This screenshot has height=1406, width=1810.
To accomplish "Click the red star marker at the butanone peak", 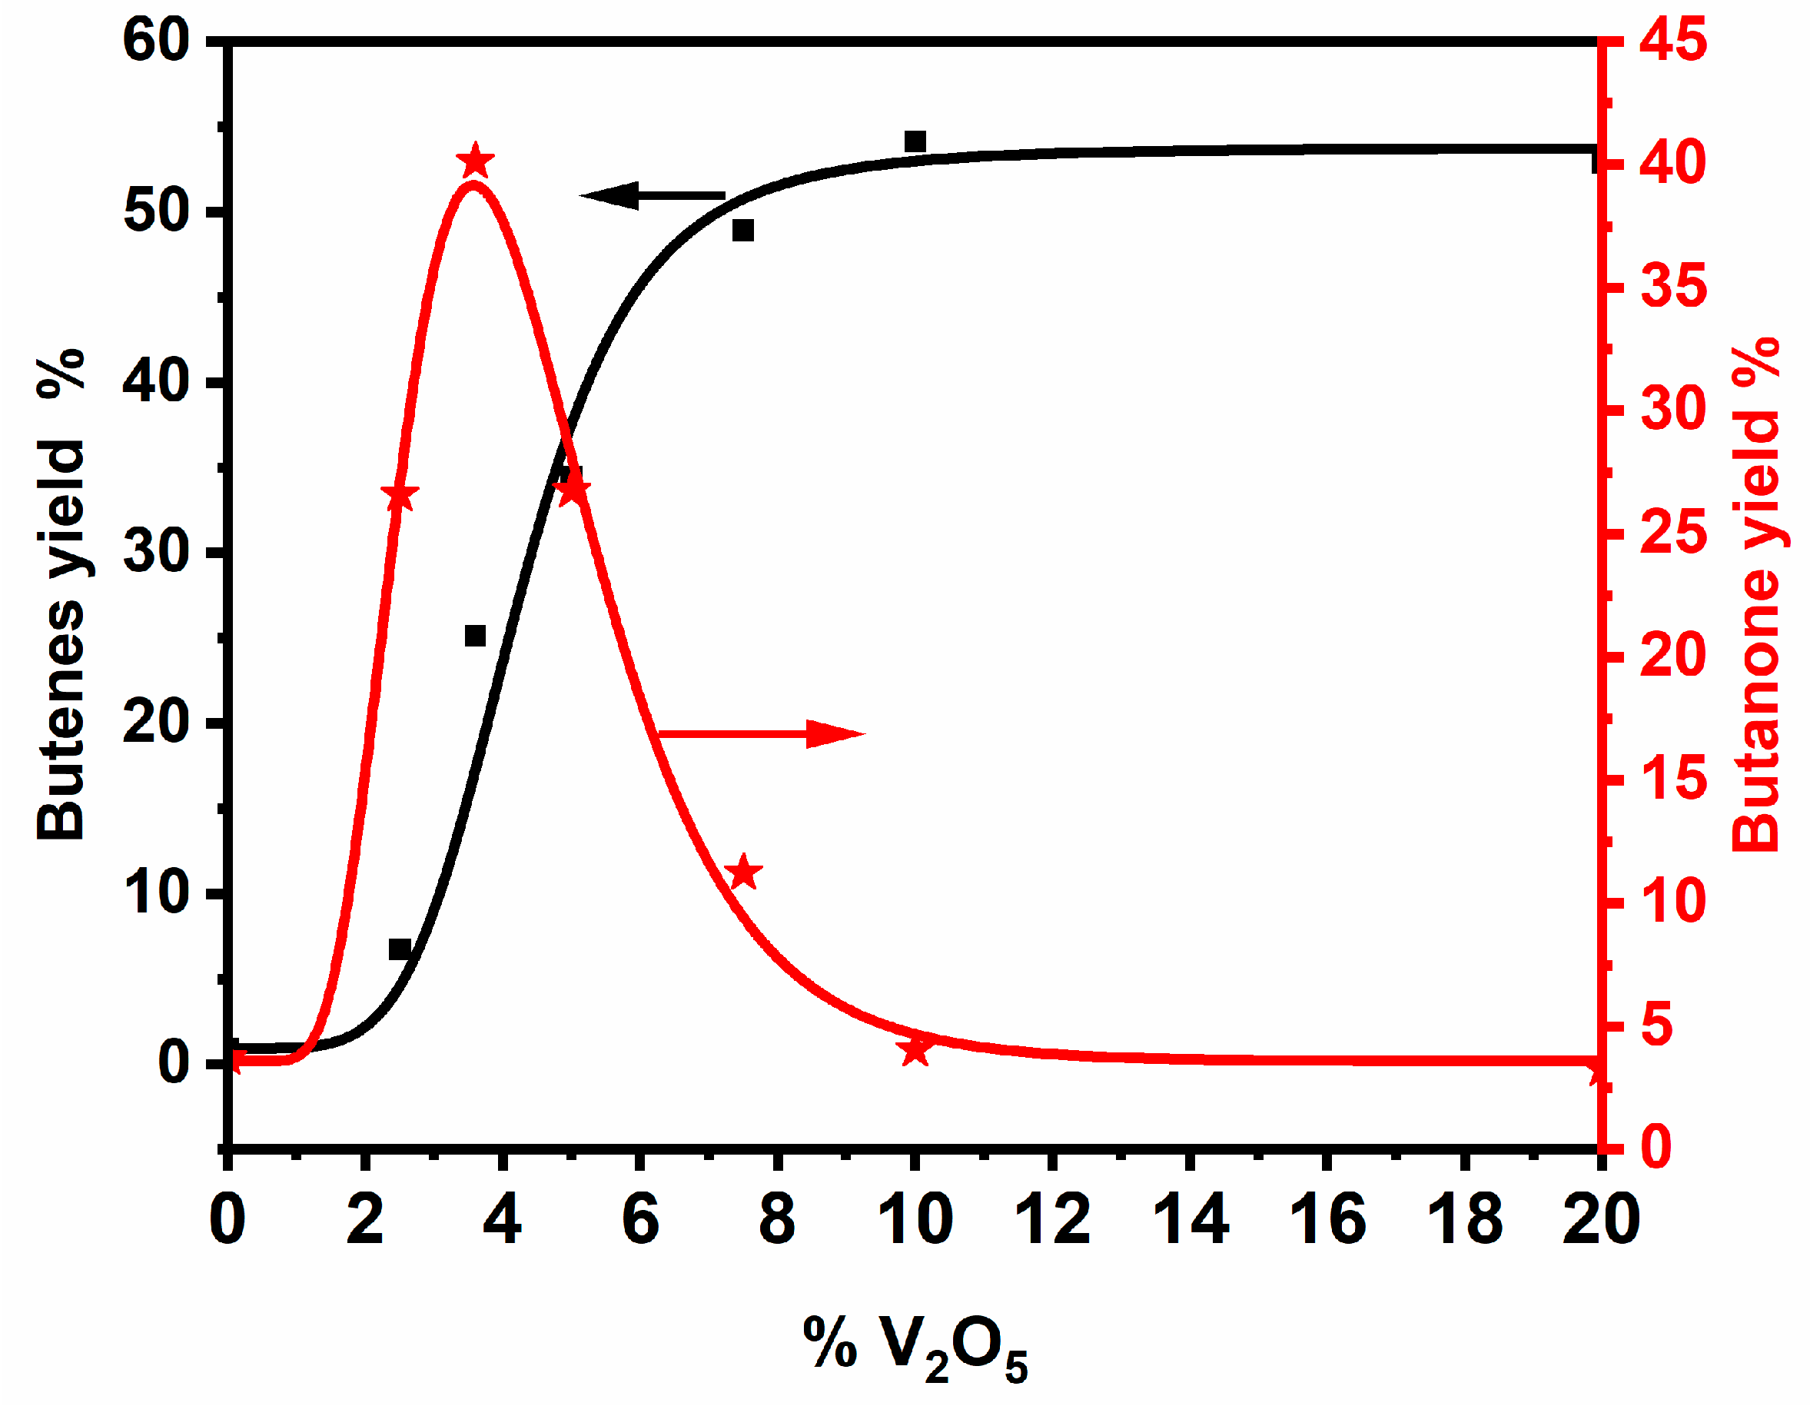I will tap(476, 161).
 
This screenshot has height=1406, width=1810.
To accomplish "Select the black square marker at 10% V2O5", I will tap(915, 141).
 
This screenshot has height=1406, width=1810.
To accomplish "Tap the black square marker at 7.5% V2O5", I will tap(743, 231).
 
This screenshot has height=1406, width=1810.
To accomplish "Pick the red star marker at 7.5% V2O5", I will tap(742, 873).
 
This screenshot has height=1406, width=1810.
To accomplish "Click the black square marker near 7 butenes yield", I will tap(400, 949).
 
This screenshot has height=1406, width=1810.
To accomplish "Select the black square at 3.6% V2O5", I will tap(475, 636).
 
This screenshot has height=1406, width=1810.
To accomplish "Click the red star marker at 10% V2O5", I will tap(915, 1050).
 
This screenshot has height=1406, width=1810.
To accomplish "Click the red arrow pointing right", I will tap(762, 733).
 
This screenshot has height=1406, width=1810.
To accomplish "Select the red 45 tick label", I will tap(1673, 40).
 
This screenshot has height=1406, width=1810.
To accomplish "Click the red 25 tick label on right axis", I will tap(1673, 533).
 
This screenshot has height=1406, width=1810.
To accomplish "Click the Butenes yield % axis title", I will tap(63, 593).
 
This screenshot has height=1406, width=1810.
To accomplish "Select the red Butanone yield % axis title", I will tap(1757, 593).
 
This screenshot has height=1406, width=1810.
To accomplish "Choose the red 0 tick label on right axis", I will tap(1656, 1148).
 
